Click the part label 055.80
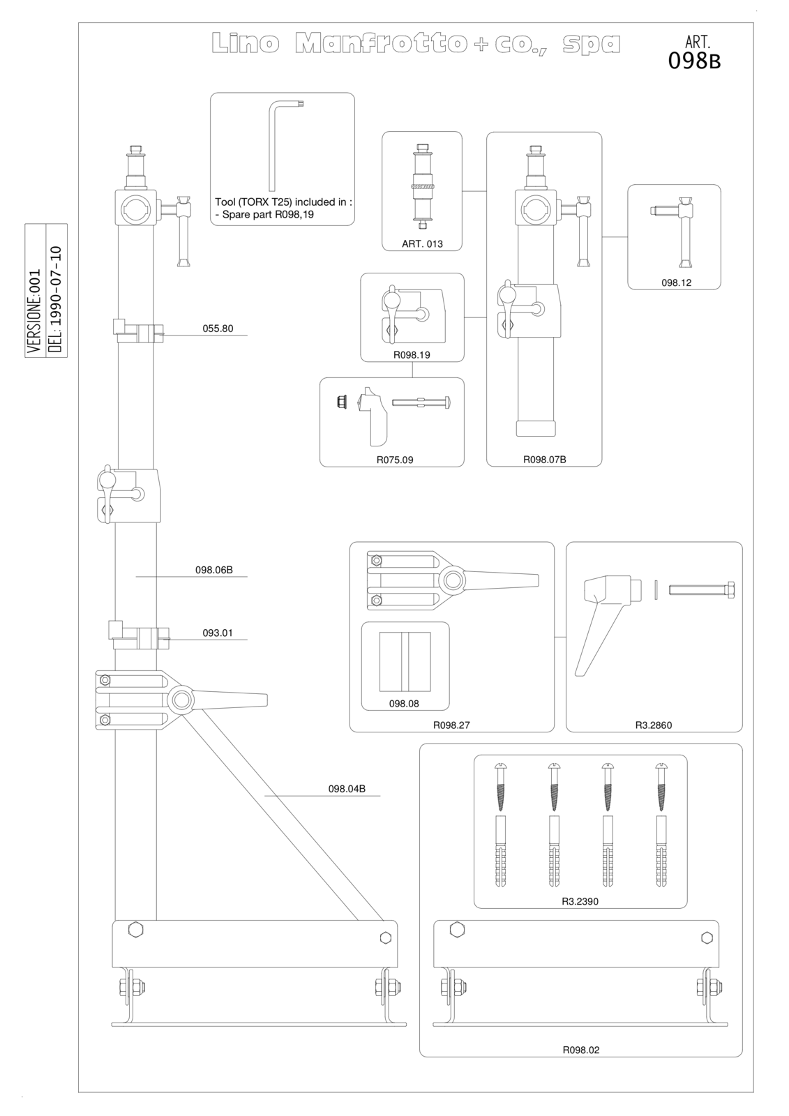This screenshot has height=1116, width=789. point(218,329)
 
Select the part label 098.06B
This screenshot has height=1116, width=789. point(214,569)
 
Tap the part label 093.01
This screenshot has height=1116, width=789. point(218,633)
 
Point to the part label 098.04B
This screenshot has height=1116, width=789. point(347,789)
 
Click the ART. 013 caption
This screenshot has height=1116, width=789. point(422,243)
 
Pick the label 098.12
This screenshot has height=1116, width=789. point(677,282)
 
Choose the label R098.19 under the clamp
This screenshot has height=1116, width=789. point(412,355)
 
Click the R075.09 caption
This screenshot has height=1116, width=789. point(395,460)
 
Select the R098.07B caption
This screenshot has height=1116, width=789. point(544,460)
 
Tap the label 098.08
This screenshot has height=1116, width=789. point(404,704)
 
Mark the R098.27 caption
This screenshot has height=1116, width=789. point(451,725)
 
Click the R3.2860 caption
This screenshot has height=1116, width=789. point(654,725)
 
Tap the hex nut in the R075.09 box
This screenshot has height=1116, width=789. point(342,400)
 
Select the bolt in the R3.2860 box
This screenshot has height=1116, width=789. point(701,590)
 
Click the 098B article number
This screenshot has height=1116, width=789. point(694,61)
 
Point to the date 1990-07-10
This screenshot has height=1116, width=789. point(57,299)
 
